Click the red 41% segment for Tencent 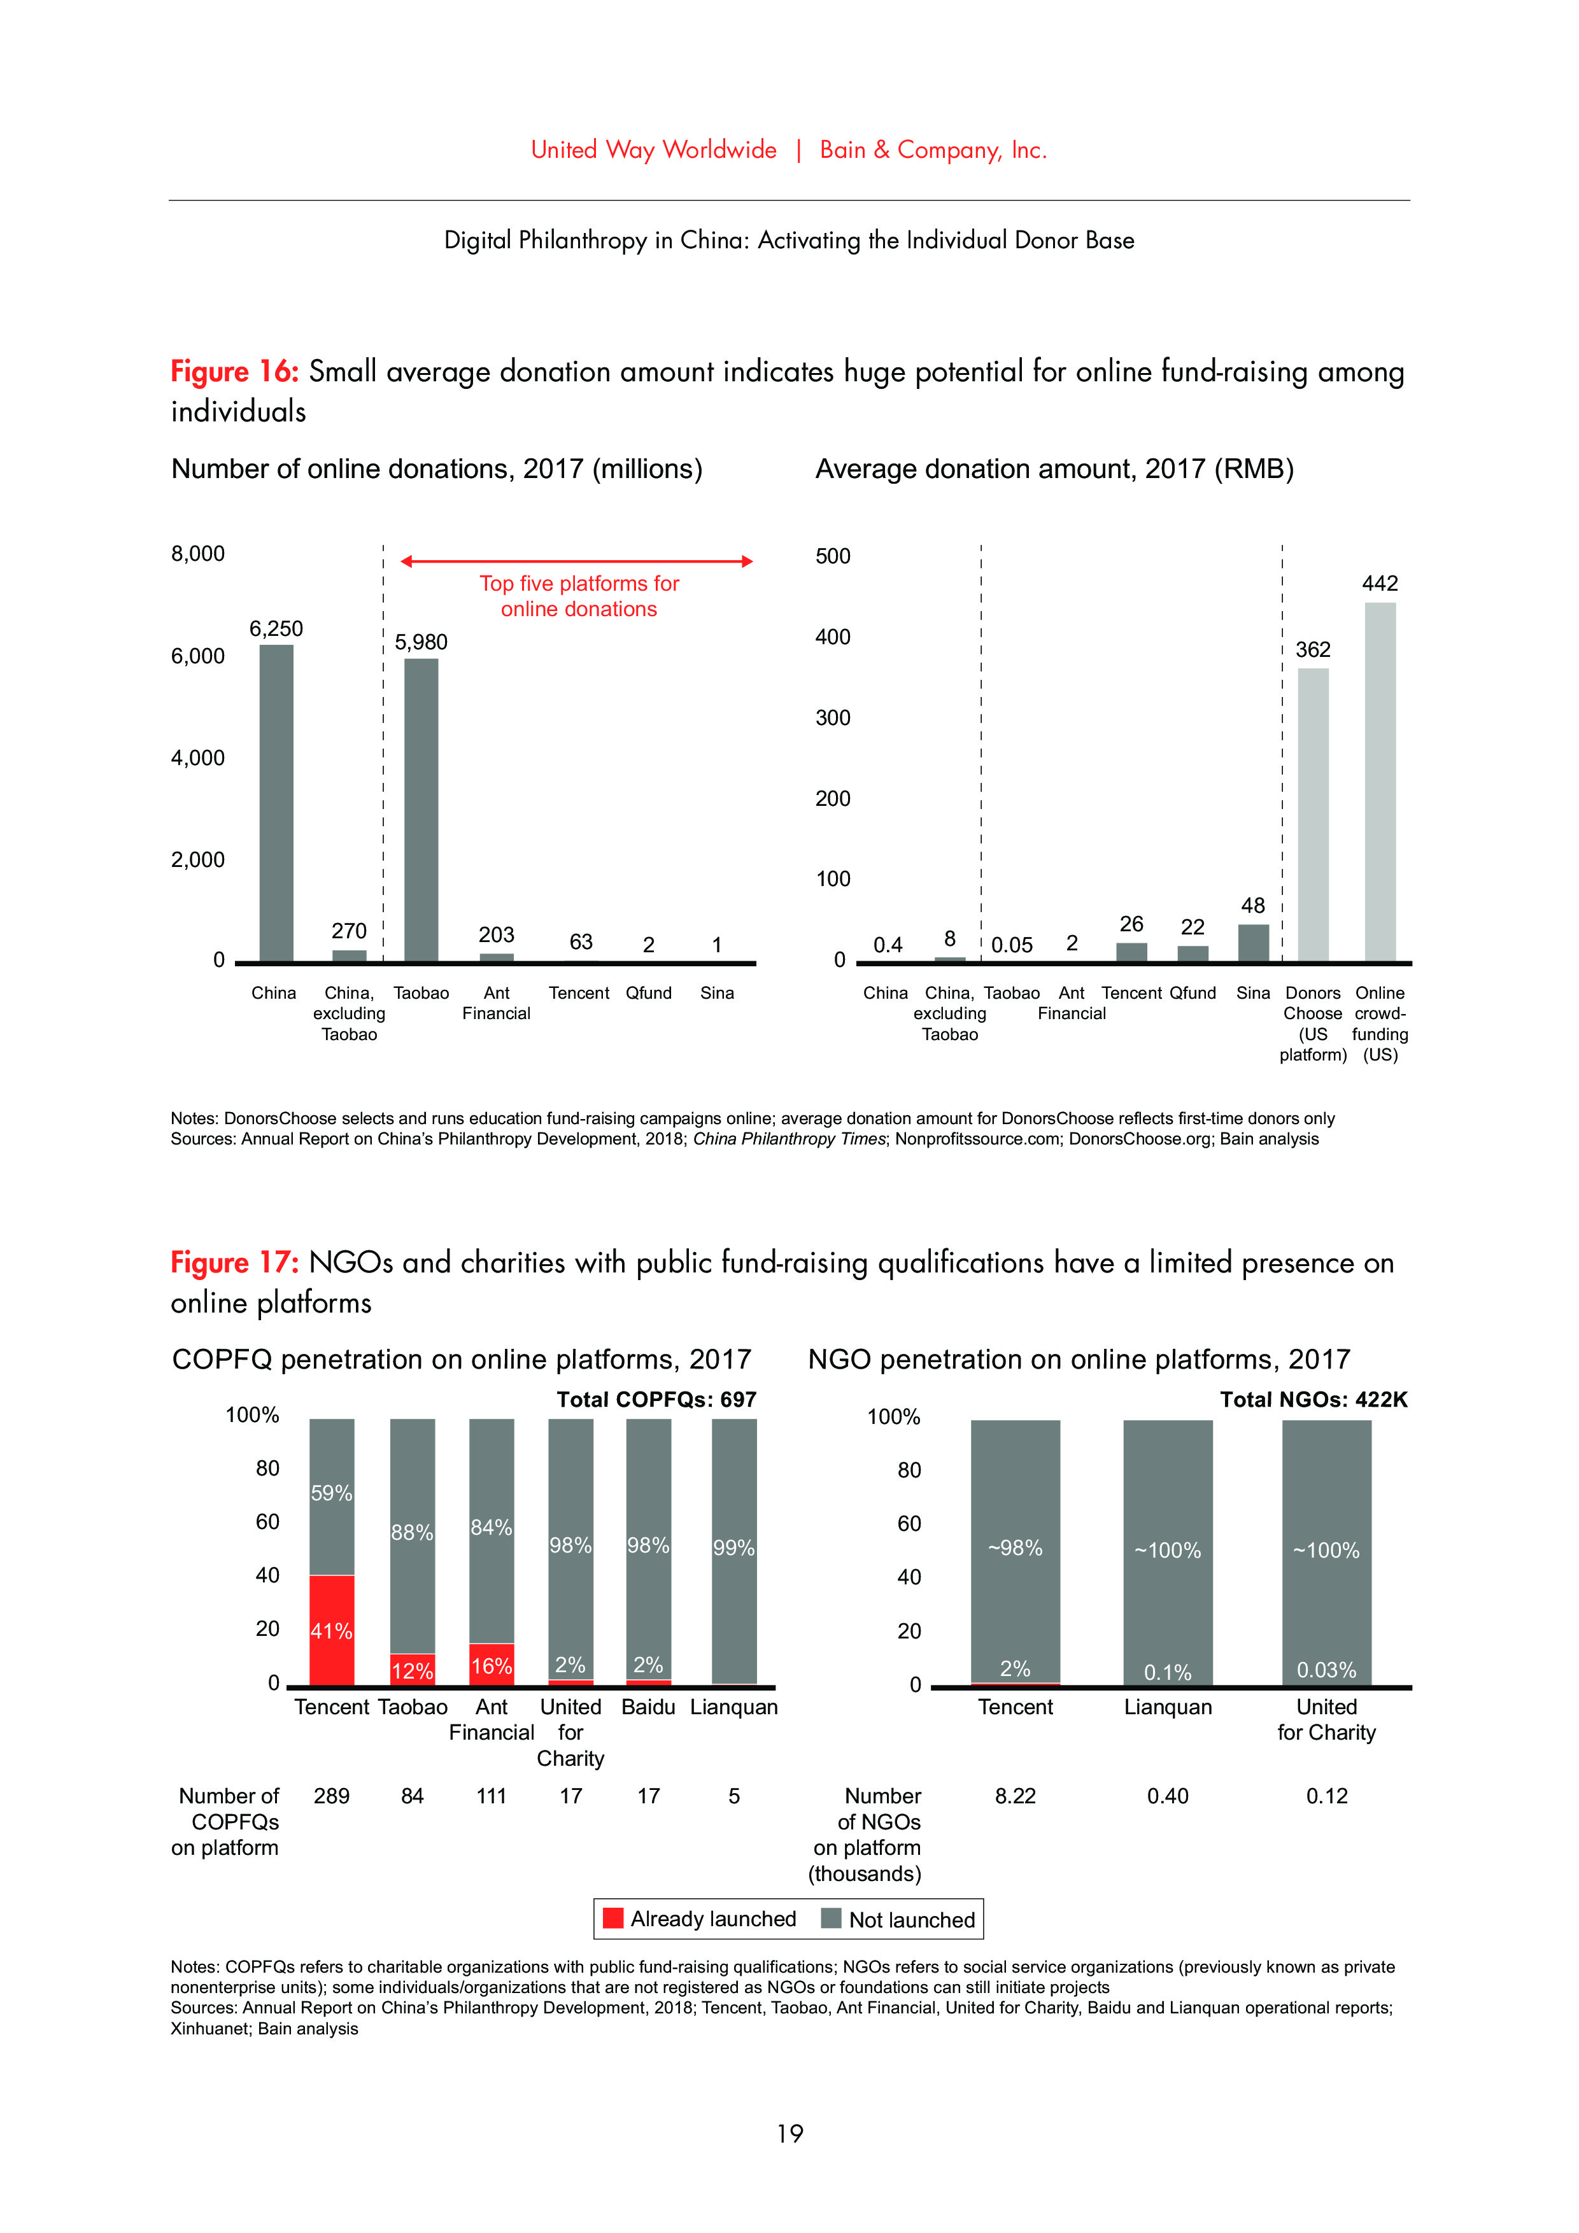(x=332, y=1630)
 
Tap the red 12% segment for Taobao (x=413, y=1669)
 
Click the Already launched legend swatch (x=613, y=1918)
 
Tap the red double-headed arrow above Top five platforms (x=577, y=561)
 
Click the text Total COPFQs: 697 (x=656, y=1400)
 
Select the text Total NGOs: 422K (x=1313, y=1400)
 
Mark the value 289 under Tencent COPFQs (x=332, y=1795)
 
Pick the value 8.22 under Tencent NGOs (x=1015, y=1795)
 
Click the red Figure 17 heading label (x=234, y=1262)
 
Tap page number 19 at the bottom (x=789, y=2134)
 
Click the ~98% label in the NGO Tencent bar (x=1015, y=1547)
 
